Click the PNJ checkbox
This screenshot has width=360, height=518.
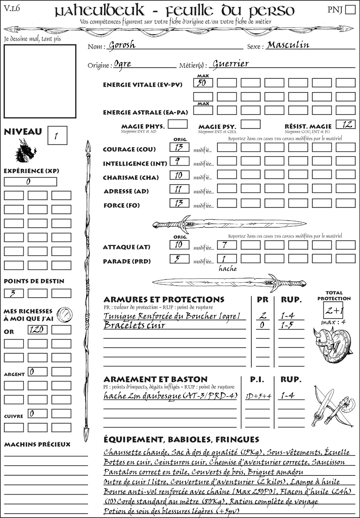pos(350,9)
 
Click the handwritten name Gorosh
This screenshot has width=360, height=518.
pos(122,45)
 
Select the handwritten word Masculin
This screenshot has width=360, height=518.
pos(288,45)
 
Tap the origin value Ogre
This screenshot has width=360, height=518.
pos(123,64)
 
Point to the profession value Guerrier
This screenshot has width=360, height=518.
pos(231,64)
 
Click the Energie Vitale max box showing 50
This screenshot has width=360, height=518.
pos(203,83)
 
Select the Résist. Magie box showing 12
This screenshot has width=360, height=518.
pos(346,124)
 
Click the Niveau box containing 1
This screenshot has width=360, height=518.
pos(57,136)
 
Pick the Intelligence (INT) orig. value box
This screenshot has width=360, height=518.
pos(179,161)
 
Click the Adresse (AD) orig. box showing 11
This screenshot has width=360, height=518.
pos(179,189)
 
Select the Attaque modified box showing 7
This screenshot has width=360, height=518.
pos(226,245)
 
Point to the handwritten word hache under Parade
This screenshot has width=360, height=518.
pos(227,269)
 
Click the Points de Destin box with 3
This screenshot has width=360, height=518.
pos(14,293)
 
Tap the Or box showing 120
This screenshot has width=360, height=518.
pos(37,330)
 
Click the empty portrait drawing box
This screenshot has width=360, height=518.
pos(40,81)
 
